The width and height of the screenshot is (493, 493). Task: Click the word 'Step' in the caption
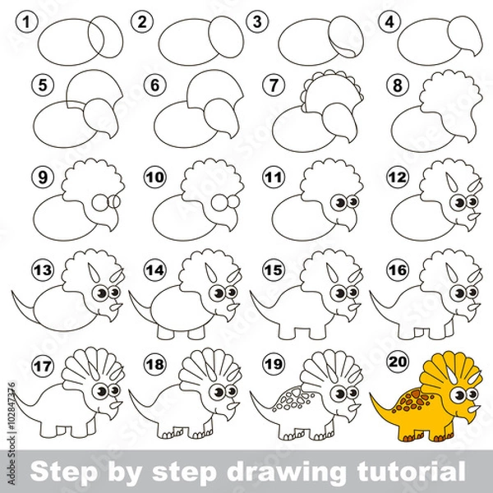[59, 471]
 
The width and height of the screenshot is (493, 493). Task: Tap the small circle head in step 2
[225, 35]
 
